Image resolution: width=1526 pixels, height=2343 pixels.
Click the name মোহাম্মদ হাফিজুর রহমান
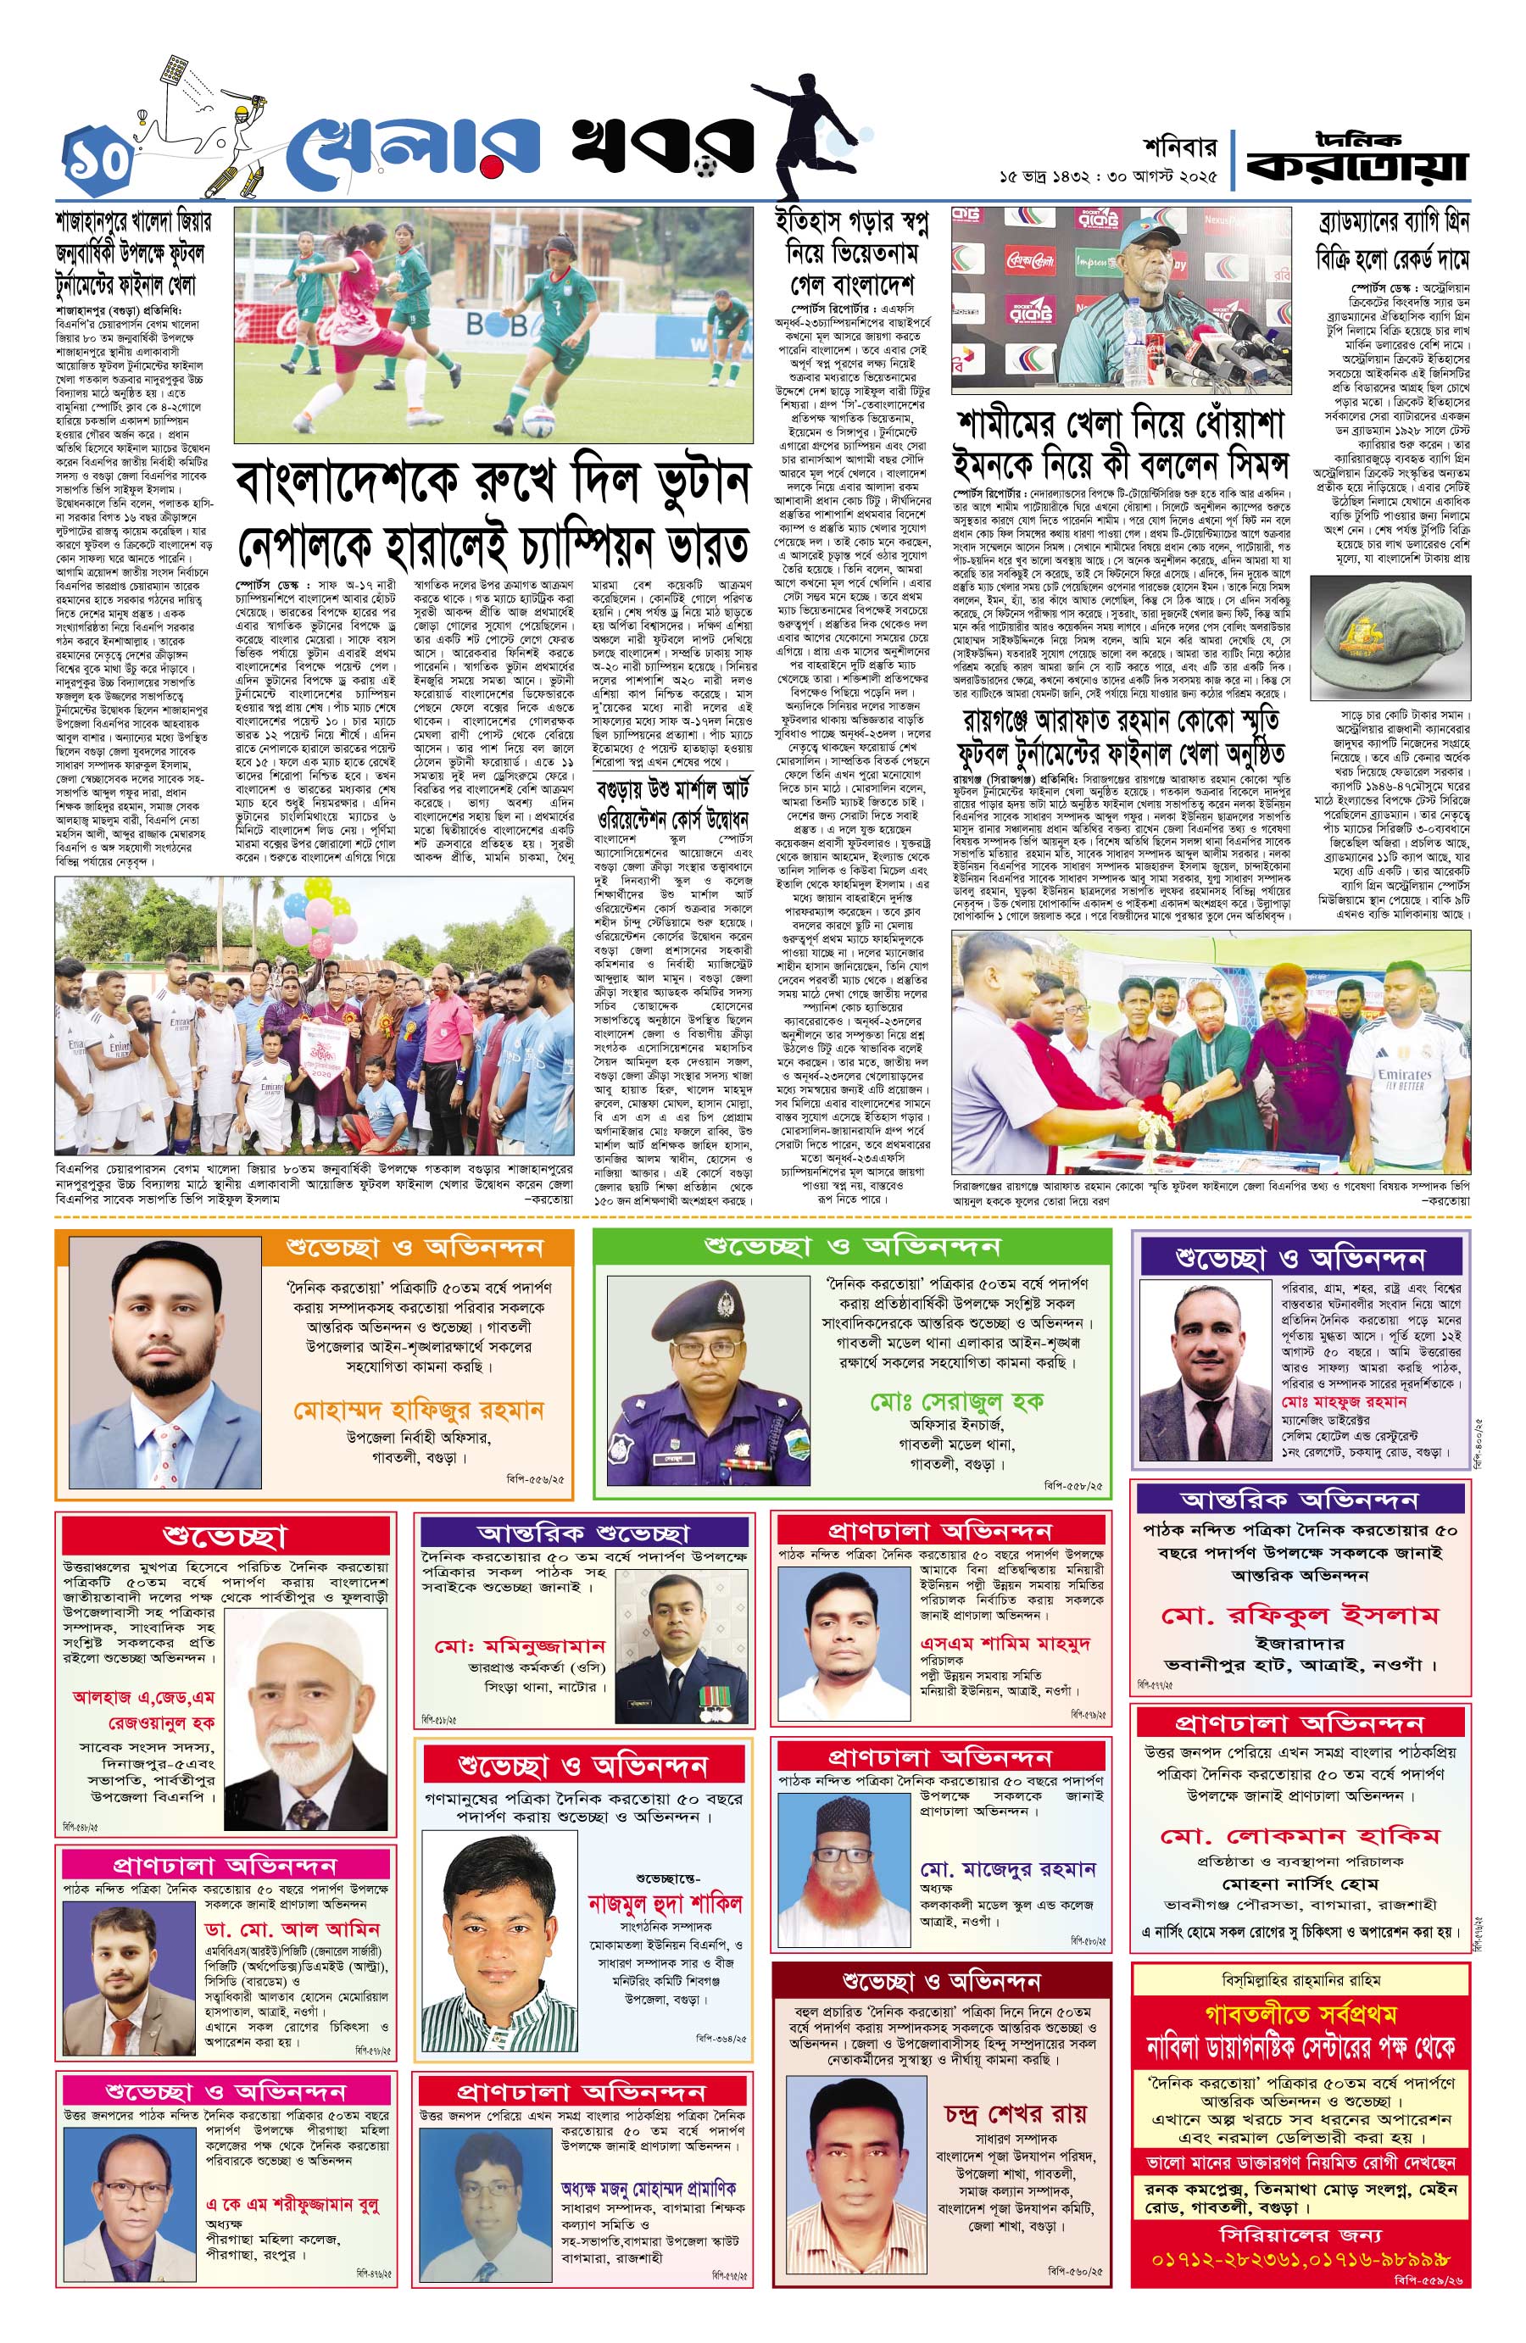point(419,1411)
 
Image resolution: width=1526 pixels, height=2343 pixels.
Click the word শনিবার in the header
point(1179,147)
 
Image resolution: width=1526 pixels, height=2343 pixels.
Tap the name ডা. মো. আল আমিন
point(292,1928)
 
